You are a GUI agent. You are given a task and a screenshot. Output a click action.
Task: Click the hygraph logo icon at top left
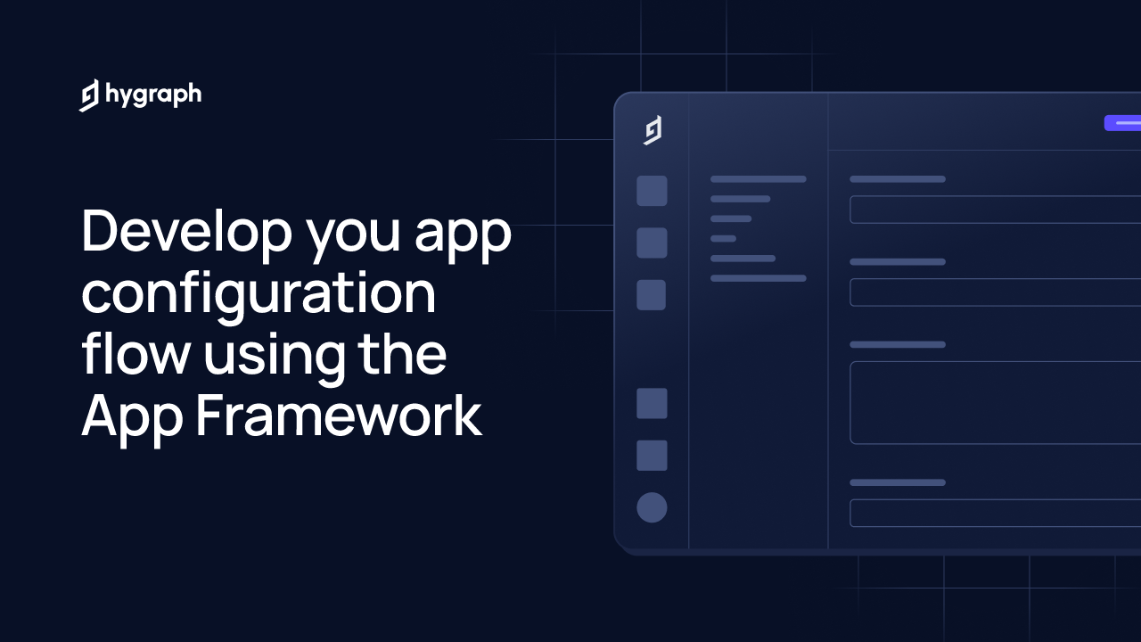[89, 95]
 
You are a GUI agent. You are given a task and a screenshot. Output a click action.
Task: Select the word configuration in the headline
[259, 296]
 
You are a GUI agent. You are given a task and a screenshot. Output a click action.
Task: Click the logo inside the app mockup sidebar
[653, 130]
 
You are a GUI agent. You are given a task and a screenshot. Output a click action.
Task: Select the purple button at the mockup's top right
[1122, 123]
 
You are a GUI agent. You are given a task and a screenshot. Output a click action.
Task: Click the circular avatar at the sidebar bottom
[652, 507]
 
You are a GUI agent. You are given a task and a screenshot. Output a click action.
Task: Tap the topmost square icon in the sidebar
[652, 191]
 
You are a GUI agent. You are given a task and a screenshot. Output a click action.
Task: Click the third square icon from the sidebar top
[652, 295]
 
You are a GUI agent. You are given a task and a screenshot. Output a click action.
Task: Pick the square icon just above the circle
[652, 456]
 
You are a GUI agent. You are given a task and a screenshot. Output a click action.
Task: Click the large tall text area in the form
[995, 402]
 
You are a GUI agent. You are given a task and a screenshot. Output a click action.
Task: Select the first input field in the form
[995, 210]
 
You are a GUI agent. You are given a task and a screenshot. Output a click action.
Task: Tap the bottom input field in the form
[995, 513]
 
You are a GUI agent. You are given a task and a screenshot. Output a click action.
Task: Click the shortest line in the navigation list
[723, 239]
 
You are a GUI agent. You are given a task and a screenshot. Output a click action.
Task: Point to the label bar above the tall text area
[898, 344]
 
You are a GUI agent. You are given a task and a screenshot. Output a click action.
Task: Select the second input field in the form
[995, 292]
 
